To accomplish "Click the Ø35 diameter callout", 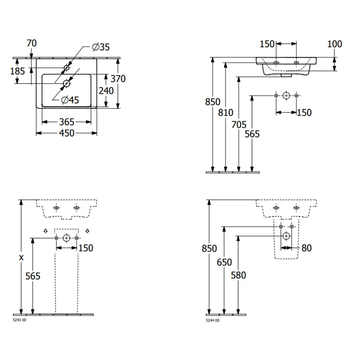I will (x=100, y=47).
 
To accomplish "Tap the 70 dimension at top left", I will (x=32, y=43).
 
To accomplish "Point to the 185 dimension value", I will (x=18, y=71).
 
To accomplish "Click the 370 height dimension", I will (x=118, y=79).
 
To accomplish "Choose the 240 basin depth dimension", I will (x=106, y=91).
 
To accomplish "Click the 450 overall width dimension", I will (x=66, y=133).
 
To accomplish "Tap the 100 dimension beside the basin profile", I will (x=334, y=44).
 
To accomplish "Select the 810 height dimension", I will (x=226, y=113).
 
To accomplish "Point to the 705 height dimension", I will (x=239, y=124).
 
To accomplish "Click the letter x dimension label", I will (x=21, y=258).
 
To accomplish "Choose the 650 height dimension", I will (x=224, y=262).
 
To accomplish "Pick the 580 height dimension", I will (x=238, y=275).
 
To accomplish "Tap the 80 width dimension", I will (x=306, y=248).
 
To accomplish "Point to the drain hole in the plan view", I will (x=66, y=83).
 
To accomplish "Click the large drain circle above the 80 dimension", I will (x=286, y=236).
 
